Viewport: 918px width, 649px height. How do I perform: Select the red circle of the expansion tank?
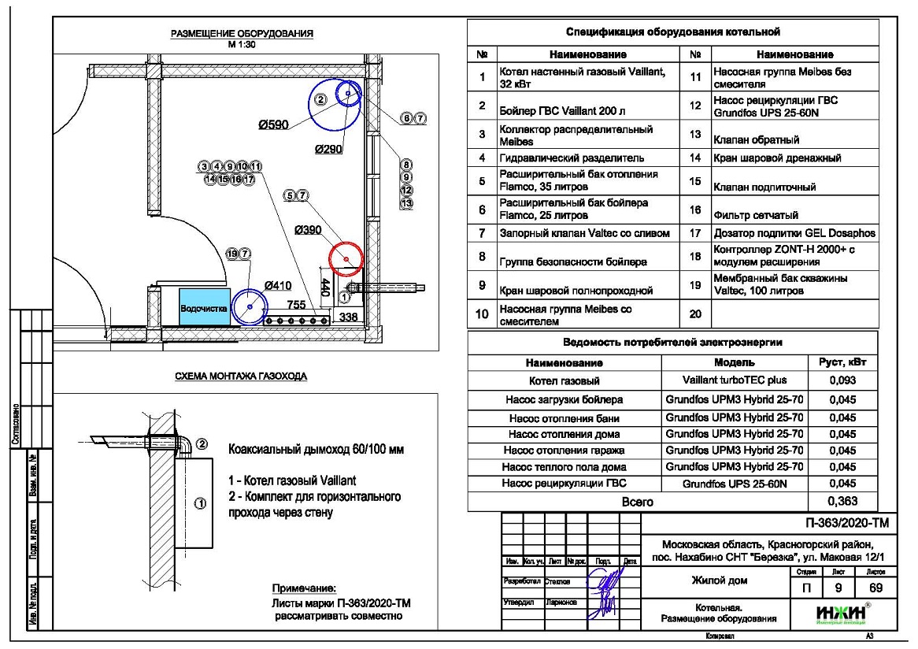(x=343, y=257)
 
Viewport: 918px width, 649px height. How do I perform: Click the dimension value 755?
(x=296, y=305)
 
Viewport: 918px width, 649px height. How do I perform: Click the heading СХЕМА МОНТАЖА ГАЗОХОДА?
(x=241, y=377)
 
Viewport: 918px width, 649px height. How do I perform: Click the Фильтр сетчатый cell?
(x=756, y=214)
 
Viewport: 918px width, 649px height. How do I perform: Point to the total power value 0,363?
(x=843, y=501)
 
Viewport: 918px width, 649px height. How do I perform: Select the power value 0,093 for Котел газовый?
(x=843, y=380)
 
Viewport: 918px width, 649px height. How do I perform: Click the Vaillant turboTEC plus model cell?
(x=735, y=380)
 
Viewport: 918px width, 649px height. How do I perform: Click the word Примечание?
(x=304, y=588)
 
